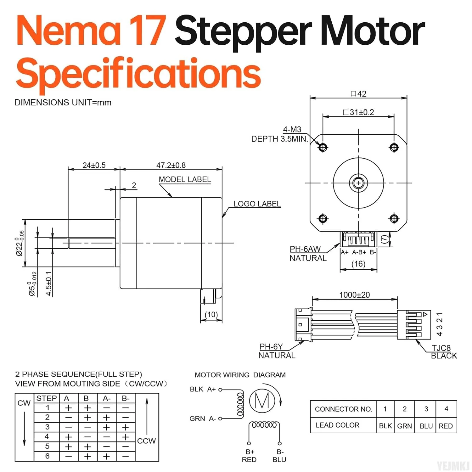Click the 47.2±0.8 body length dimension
[x=171, y=165]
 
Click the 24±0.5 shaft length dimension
[x=94, y=165]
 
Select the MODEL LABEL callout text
[x=185, y=179]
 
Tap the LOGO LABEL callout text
[x=257, y=204]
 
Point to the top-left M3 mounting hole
[x=323, y=147]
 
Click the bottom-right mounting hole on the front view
[x=394, y=218]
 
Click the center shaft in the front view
[x=358, y=183]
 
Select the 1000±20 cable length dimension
[x=354, y=295]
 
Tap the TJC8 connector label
[x=441, y=348]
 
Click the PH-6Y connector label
[x=271, y=346]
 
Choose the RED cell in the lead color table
[x=446, y=426]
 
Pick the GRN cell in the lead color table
[x=404, y=426]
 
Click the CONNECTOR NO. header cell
[x=343, y=409]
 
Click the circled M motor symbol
[x=262, y=401]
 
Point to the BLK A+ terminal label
[x=203, y=389]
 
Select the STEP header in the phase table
[x=47, y=398]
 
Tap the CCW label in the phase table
[x=146, y=441]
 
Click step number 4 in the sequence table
[x=47, y=437]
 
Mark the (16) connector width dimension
[x=358, y=264]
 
